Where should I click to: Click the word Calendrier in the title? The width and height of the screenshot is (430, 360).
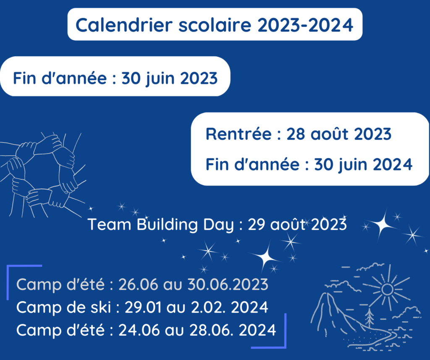124,25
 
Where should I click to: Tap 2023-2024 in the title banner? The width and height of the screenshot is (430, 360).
305,25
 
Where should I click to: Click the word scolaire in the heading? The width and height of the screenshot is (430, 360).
215,25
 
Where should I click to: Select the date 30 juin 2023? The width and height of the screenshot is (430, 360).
170,78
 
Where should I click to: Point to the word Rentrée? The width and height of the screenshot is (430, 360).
239,134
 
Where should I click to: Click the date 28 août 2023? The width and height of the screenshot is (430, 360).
339,134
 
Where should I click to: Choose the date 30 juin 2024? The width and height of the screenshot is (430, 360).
363,164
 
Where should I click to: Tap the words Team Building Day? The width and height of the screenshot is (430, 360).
161,224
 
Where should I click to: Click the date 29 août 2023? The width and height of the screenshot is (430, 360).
297,224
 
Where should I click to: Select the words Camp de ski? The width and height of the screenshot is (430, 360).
64,308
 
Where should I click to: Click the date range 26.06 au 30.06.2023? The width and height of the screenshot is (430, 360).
193,284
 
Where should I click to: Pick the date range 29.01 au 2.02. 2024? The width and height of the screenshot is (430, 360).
197,308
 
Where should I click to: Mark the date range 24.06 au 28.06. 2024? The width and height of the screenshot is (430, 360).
197,330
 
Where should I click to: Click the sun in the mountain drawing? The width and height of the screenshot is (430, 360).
387,290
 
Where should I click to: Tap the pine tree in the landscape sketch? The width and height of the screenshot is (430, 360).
370,317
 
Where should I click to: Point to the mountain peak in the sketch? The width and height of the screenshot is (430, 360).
327,295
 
